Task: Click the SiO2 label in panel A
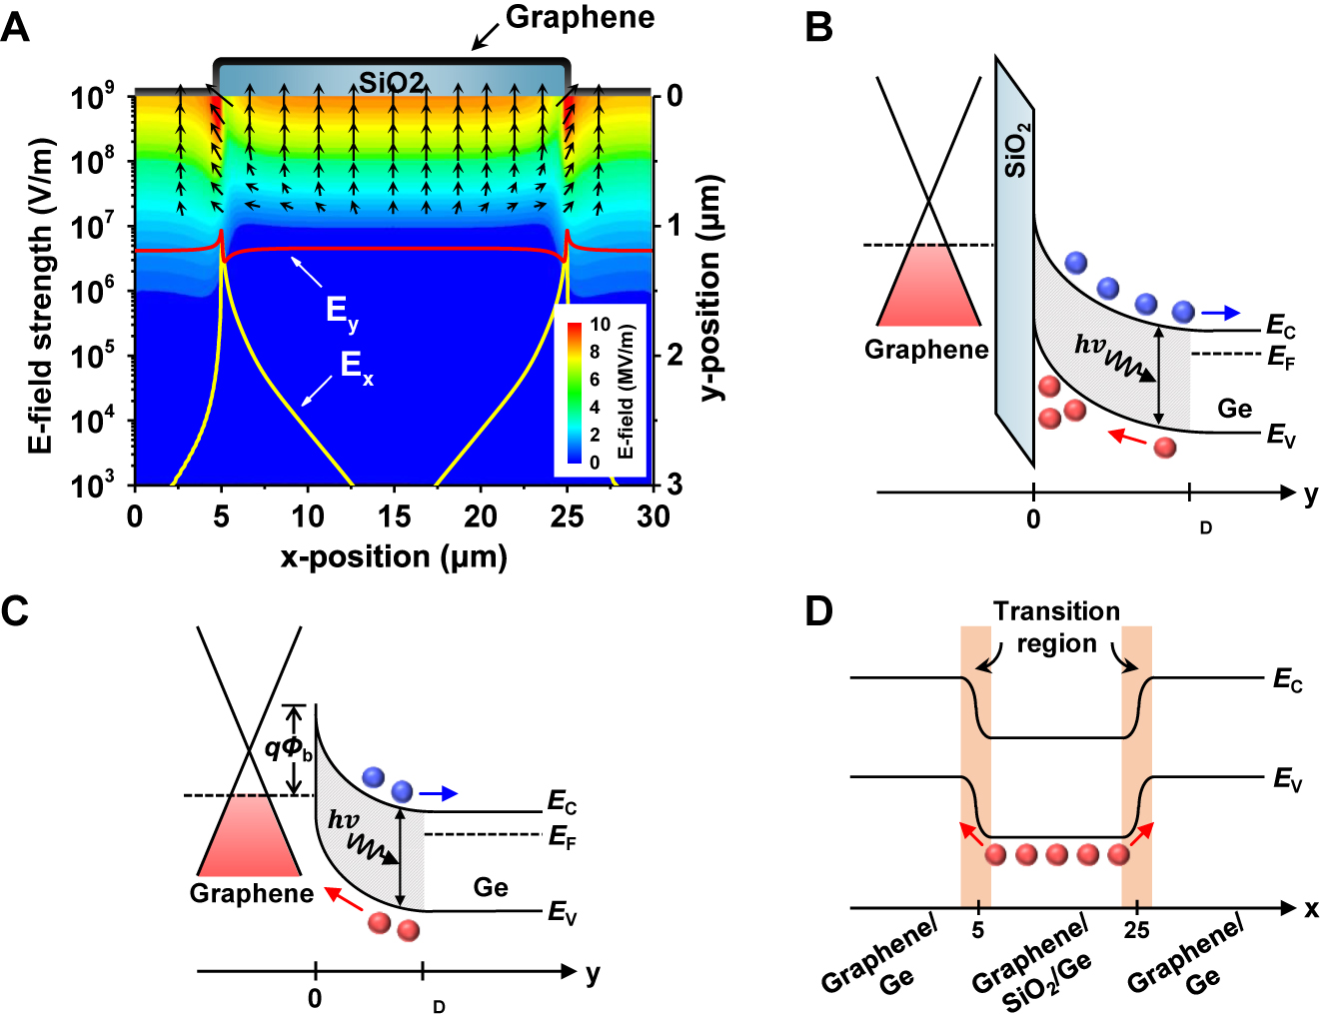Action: tap(392, 82)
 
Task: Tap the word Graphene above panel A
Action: tap(580, 17)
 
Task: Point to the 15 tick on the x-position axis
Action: tap(394, 516)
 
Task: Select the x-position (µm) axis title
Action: tap(394, 555)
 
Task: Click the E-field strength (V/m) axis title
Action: tap(41, 297)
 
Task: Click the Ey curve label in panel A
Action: tap(342, 312)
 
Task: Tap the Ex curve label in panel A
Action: tap(357, 367)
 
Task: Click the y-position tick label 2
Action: tap(675, 356)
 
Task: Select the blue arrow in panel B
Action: tap(1220, 313)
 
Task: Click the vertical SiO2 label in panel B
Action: tap(1016, 151)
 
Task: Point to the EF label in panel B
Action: tap(1281, 357)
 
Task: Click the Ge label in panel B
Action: tap(1234, 409)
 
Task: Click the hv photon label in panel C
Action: tap(344, 820)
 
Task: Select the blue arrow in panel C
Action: tap(438, 793)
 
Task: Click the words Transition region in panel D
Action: tap(1056, 627)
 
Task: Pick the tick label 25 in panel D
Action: tap(1136, 931)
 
